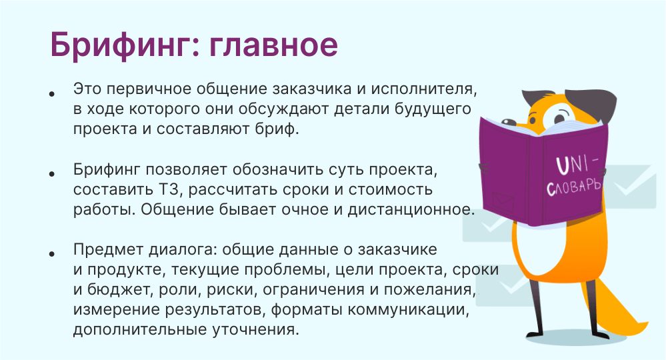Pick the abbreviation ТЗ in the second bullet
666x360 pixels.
point(168,189)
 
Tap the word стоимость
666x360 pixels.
point(391,190)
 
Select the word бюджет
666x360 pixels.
point(119,290)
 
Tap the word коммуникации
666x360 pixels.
point(408,310)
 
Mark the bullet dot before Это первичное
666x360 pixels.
point(52,94)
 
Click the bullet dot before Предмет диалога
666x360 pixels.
point(52,254)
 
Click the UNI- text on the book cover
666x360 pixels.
point(577,165)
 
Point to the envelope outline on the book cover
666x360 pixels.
point(503,201)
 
